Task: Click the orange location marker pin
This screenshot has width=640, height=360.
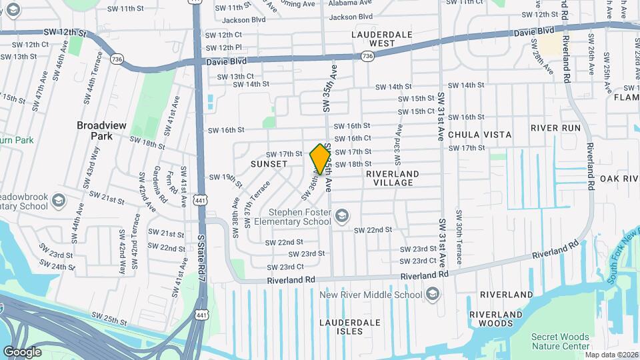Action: tap(320, 159)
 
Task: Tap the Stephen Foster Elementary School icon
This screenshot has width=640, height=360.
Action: tap(342, 215)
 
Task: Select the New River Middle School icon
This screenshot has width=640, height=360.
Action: tap(433, 294)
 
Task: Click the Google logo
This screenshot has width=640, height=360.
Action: tap(22, 352)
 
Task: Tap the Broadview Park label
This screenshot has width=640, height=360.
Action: tap(101, 130)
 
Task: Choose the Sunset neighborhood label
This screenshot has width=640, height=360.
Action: tap(269, 163)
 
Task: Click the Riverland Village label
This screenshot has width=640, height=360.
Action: tap(393, 178)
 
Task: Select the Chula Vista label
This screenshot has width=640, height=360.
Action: tap(479, 135)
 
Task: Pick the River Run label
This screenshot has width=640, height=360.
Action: tap(555, 128)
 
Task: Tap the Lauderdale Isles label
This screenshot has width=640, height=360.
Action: tap(349, 327)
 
